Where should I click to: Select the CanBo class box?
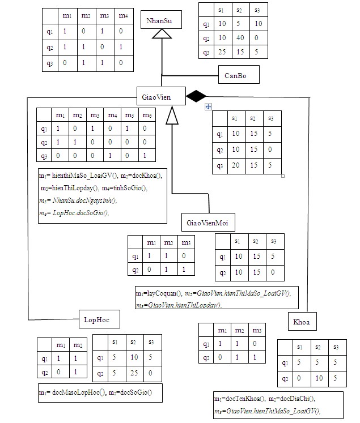point(238,74)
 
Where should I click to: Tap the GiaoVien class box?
point(161,96)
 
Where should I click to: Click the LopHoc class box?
point(99,319)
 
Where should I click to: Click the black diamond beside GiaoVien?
point(196,96)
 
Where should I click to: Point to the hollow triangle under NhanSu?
point(162,35)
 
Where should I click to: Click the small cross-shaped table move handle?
point(208,106)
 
